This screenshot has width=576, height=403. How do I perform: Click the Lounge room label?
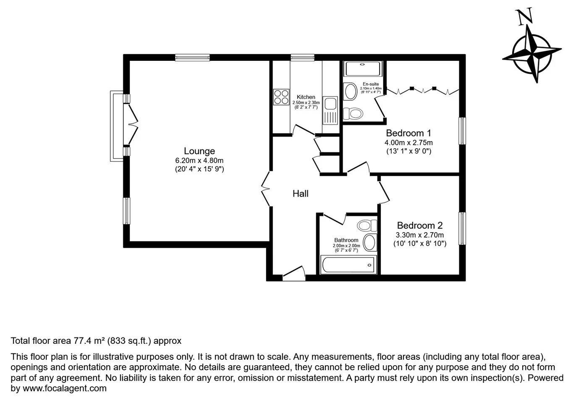click(199, 151)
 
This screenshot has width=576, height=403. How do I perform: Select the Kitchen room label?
click(306, 97)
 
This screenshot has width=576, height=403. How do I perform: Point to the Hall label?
click(300, 194)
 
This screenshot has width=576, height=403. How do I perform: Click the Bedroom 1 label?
click(408, 133)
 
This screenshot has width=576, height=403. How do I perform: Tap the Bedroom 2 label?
click(420, 225)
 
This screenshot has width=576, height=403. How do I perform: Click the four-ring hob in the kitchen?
click(281, 97)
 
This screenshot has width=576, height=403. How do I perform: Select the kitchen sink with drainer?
click(330, 110)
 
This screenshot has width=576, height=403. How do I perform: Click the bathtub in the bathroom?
click(348, 264)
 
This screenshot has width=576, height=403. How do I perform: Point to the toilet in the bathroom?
click(367, 225)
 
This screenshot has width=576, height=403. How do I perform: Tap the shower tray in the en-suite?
click(363, 69)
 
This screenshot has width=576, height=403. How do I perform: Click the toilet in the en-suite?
click(353, 113)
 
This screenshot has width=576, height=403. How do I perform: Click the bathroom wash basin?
click(370, 242)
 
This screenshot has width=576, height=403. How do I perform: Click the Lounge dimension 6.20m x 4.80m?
click(199, 160)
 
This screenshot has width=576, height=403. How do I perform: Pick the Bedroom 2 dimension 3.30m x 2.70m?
click(420, 235)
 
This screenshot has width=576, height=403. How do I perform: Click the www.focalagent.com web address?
click(65, 388)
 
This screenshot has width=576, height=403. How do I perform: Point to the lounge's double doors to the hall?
click(266, 188)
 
